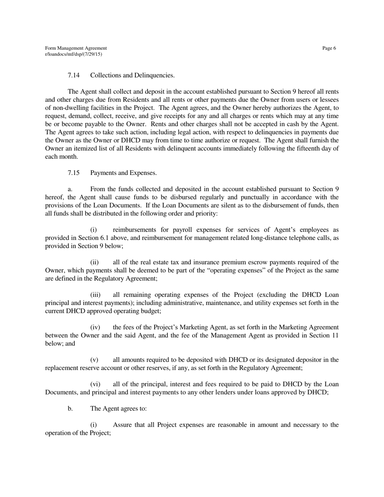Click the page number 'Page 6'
click(329, 48)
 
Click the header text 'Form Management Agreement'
click(76, 48)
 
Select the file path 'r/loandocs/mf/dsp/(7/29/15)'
click(74, 54)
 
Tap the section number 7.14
click(74, 75)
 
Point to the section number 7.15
click(74, 173)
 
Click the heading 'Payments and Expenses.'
click(124, 173)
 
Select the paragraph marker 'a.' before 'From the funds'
click(70, 189)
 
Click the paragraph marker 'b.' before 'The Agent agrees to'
click(70, 409)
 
